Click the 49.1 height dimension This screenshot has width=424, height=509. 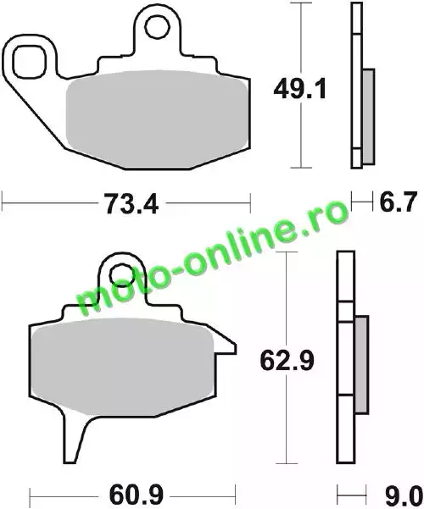point(299,90)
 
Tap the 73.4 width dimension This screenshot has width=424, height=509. point(132,204)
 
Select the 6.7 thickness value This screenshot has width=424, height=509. point(398,202)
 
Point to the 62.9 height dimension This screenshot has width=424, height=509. point(287,361)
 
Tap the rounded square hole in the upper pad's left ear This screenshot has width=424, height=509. point(29,62)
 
